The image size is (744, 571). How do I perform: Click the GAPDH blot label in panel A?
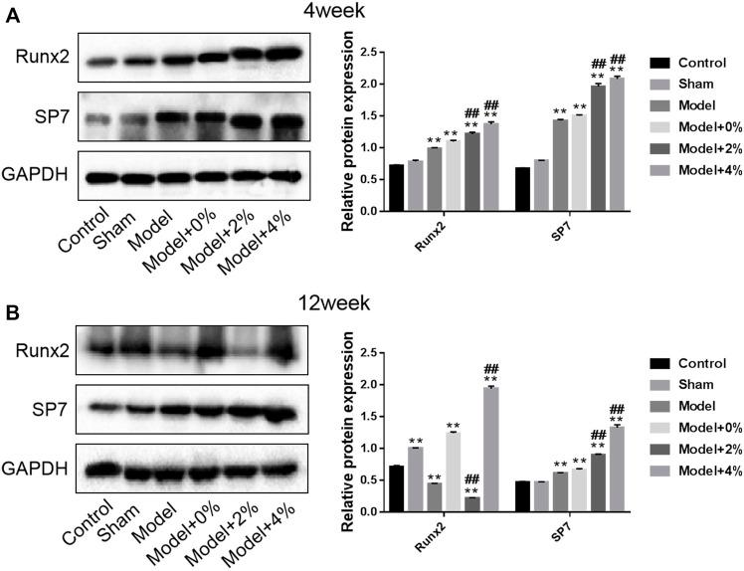35,175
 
